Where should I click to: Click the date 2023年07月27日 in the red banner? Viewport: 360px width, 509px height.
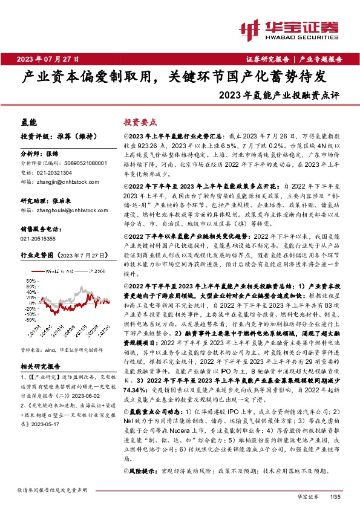click(x=48, y=59)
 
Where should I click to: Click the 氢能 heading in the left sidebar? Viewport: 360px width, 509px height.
click(x=29, y=122)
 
